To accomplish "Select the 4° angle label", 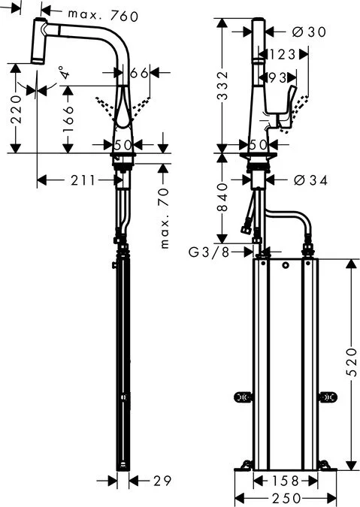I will click(x=66, y=73).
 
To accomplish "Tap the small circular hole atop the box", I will click(x=286, y=268).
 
